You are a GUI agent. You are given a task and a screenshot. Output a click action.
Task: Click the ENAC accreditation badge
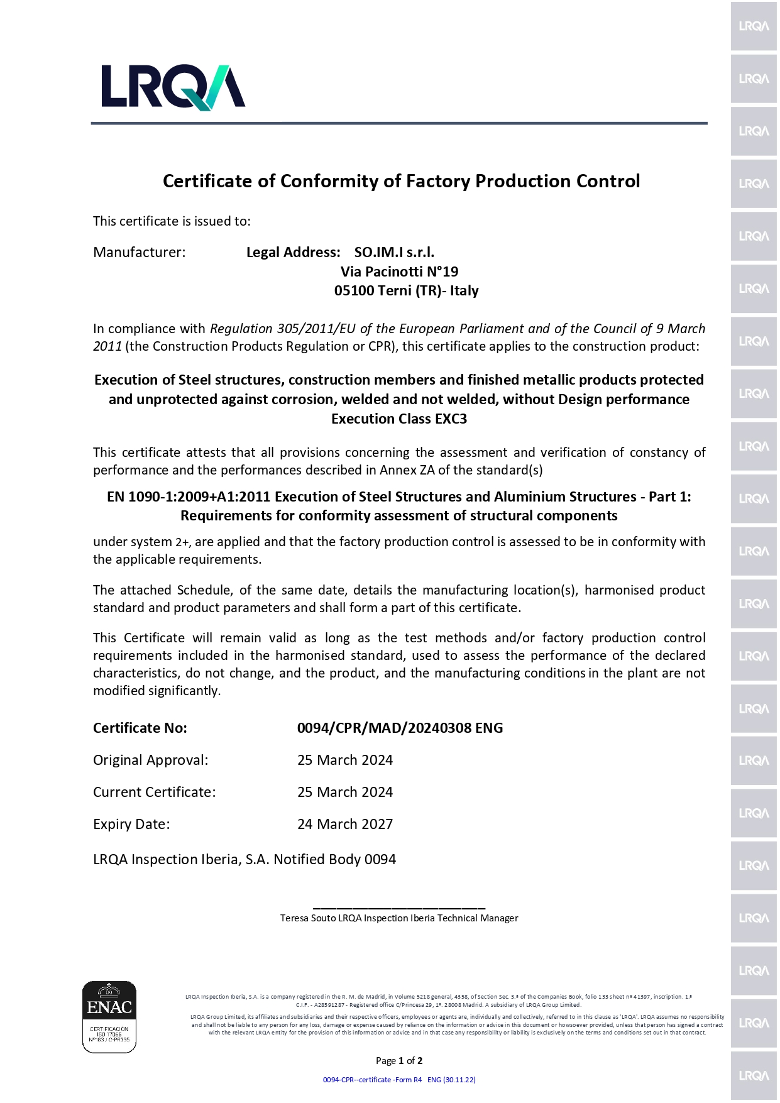tap(109, 1016)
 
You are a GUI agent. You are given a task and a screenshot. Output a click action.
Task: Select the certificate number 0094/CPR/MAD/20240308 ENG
tap(400, 728)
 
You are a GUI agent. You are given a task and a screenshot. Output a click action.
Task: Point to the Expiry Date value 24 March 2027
tap(345, 824)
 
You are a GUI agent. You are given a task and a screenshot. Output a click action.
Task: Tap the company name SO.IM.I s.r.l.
tap(394, 252)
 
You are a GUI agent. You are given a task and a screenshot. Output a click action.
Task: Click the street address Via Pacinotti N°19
tap(399, 272)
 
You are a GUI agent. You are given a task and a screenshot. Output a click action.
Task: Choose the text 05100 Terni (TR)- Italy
tap(406, 290)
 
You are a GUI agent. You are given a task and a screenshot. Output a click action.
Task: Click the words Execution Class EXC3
tap(399, 419)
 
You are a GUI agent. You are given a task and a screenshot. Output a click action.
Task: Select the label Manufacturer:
tap(140, 252)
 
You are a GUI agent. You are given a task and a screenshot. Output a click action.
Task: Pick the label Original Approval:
tap(151, 760)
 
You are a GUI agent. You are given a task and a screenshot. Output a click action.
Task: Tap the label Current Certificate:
tap(155, 792)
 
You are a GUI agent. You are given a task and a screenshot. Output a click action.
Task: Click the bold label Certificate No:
tap(140, 728)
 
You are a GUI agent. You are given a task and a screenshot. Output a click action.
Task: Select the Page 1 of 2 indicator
tap(399, 1061)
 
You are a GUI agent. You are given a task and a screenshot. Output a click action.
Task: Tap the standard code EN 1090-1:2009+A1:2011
tap(189, 497)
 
